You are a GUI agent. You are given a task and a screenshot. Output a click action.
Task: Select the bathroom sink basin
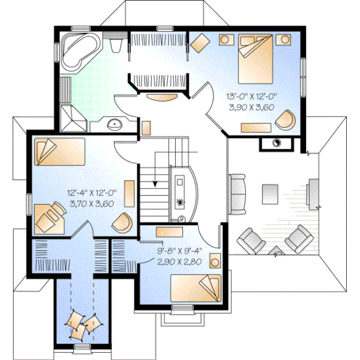point(114,125)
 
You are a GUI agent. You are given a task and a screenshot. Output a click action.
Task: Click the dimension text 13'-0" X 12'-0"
point(251,97)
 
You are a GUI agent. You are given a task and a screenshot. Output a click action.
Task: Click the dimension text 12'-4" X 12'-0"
point(92,193)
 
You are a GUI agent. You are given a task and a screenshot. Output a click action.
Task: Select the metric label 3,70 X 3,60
point(92,203)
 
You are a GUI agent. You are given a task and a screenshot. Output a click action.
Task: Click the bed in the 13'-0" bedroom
point(256,59)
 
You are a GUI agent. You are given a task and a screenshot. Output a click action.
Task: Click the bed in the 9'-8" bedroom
point(195,287)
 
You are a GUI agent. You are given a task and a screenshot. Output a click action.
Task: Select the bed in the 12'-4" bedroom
point(56,152)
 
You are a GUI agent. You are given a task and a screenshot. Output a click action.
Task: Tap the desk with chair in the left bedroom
point(50,217)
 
